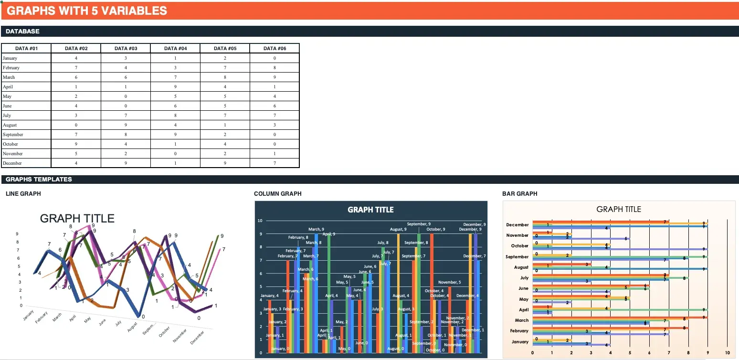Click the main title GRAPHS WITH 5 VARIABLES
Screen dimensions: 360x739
pos(87,11)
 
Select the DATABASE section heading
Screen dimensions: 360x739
pos(22,32)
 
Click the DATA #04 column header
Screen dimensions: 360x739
pos(175,48)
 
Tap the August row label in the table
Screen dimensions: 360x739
pos(10,125)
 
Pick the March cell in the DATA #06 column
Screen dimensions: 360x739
pos(274,77)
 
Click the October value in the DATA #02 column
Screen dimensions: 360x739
pos(76,144)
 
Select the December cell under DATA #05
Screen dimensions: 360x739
pos(225,163)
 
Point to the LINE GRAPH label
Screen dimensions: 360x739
pos(23,194)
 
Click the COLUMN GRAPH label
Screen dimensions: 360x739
pos(277,194)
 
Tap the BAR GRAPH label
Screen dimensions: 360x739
pos(519,194)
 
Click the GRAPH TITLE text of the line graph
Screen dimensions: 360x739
pos(77,219)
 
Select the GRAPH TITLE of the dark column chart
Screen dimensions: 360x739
pos(370,210)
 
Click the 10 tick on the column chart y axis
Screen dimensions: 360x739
pos(260,221)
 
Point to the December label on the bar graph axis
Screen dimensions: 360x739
pos(517,225)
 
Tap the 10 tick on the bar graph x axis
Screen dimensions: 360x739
pos(727,353)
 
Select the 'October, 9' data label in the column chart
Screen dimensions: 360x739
pos(436,230)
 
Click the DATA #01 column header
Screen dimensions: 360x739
pos(26,48)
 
